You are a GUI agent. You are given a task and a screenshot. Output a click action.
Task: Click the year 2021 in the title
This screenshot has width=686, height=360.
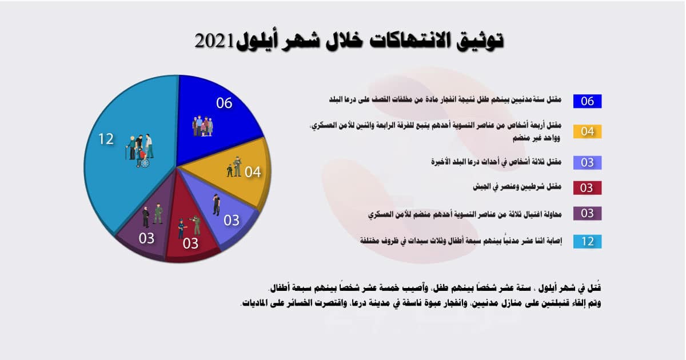point(215,42)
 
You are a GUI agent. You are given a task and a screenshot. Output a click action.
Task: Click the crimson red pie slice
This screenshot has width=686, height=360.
point(192,234)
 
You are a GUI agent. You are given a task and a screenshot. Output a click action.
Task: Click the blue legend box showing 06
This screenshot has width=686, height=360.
point(587,101)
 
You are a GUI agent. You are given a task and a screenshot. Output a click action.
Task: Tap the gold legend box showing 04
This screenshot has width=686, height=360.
point(587,131)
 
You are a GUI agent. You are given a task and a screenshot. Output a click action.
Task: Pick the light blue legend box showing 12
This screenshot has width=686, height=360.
point(587,241)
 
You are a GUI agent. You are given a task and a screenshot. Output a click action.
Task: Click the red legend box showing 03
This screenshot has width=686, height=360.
point(587,187)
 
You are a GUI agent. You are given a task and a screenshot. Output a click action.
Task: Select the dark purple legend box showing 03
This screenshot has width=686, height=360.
point(587,214)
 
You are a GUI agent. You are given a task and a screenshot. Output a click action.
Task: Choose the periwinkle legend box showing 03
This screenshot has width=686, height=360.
point(587,162)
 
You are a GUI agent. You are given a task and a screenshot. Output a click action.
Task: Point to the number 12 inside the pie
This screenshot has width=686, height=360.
point(106,139)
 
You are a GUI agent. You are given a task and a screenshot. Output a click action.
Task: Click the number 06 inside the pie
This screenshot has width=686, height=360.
point(224,103)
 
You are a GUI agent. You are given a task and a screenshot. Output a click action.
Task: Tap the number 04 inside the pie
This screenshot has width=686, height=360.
point(253,171)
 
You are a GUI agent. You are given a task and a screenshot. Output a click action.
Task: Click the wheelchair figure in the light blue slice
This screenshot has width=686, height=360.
point(143,161)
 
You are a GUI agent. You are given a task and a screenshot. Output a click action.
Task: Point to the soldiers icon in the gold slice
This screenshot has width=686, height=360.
point(234,166)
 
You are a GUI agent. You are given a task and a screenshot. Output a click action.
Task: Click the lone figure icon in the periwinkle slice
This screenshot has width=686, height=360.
point(216,204)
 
